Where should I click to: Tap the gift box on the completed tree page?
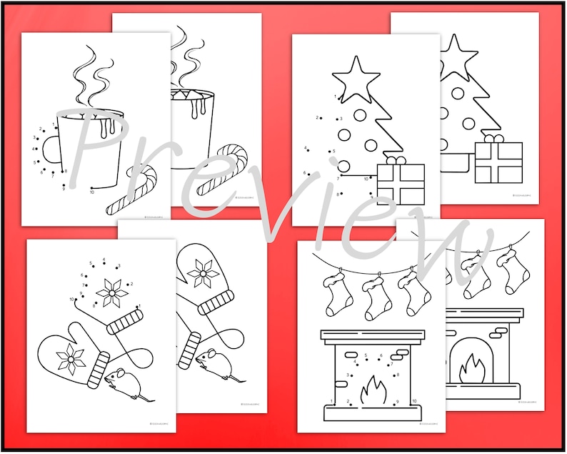(498, 159)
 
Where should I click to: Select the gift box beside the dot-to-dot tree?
(400, 184)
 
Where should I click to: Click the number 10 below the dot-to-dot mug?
(91, 192)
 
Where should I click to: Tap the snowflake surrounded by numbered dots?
(110, 289)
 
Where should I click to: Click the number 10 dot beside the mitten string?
(71, 299)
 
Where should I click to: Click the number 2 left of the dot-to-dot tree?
(318, 118)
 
